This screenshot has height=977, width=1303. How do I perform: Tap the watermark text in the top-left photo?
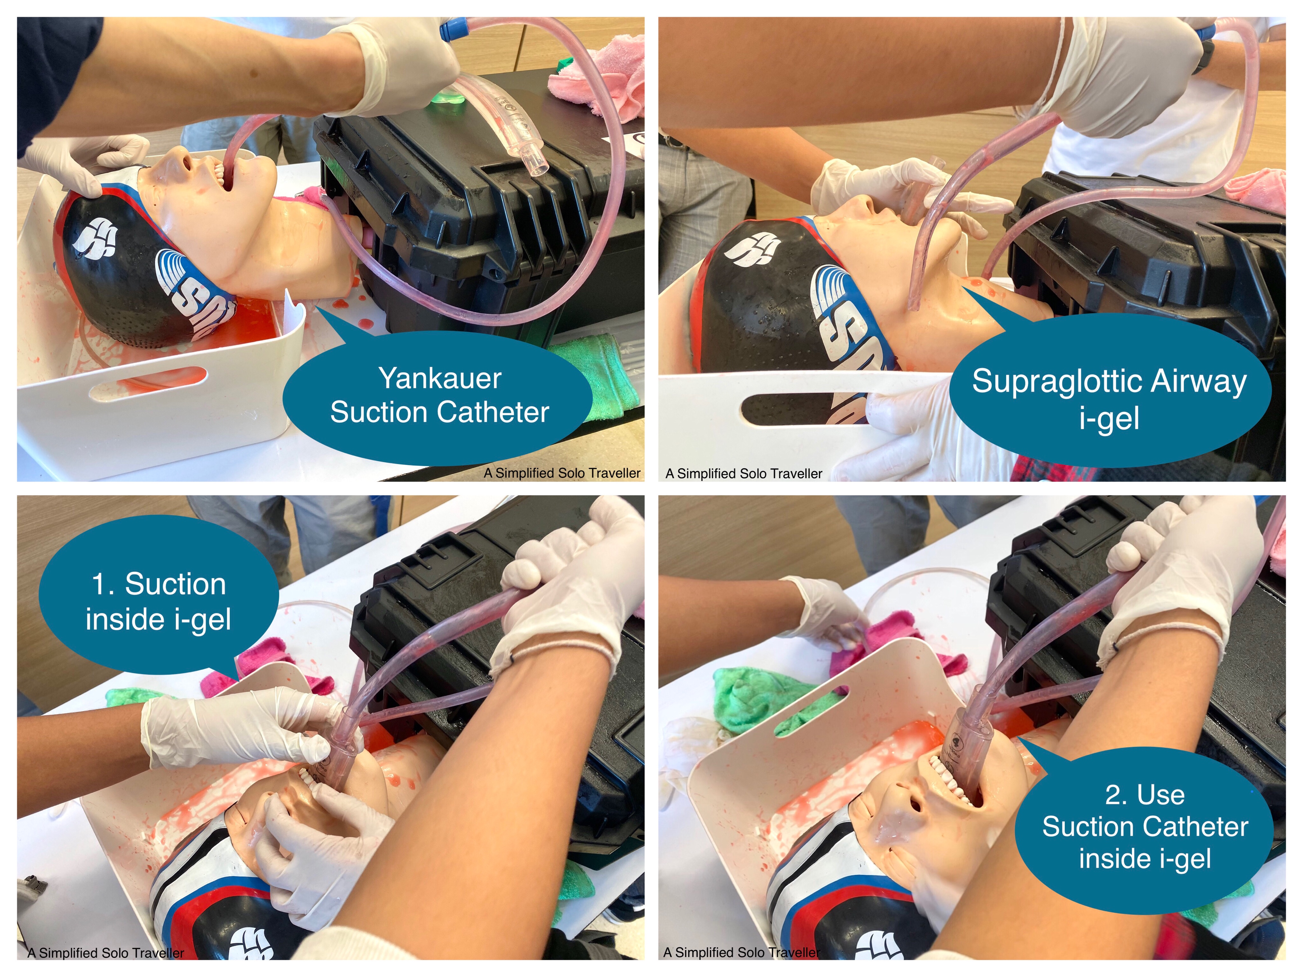click(562, 473)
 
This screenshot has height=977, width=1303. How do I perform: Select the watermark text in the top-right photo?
click(743, 474)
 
